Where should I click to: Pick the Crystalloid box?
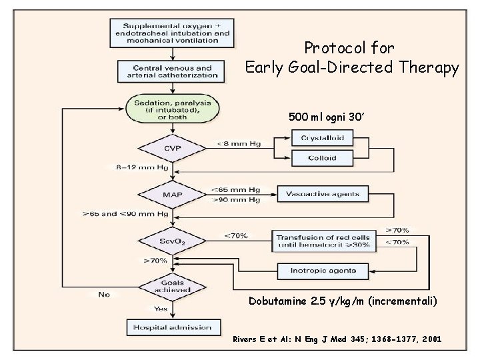point(322,138)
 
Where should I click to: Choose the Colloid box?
point(322,159)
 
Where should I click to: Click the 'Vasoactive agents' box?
point(322,195)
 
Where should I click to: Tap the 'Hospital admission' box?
point(173,327)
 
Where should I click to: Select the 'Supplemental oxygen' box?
point(173,31)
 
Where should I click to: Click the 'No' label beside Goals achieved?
point(103,294)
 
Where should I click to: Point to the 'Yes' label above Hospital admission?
point(161,308)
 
